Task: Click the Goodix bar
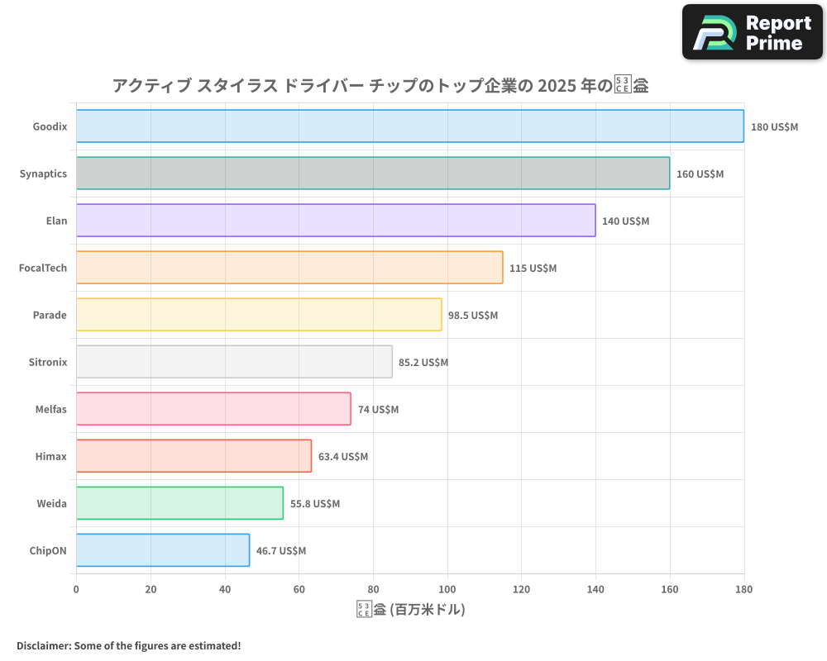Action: coord(409,126)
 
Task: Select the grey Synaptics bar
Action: coord(372,174)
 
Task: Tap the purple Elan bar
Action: coord(335,221)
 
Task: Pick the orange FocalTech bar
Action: coord(289,268)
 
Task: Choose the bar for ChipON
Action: coord(162,550)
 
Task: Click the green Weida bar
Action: coord(179,503)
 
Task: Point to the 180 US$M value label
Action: coord(774,127)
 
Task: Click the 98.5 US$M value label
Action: coord(473,316)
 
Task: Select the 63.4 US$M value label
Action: coord(343,457)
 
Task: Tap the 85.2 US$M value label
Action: coord(423,363)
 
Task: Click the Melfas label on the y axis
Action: coord(50,409)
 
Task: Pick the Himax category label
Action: coord(52,456)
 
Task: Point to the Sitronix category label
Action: coord(48,362)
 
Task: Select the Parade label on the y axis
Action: coord(50,315)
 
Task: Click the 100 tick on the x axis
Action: coord(447,590)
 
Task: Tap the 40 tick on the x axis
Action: coord(225,590)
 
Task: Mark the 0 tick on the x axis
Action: coord(76,590)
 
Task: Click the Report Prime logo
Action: coord(753,32)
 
